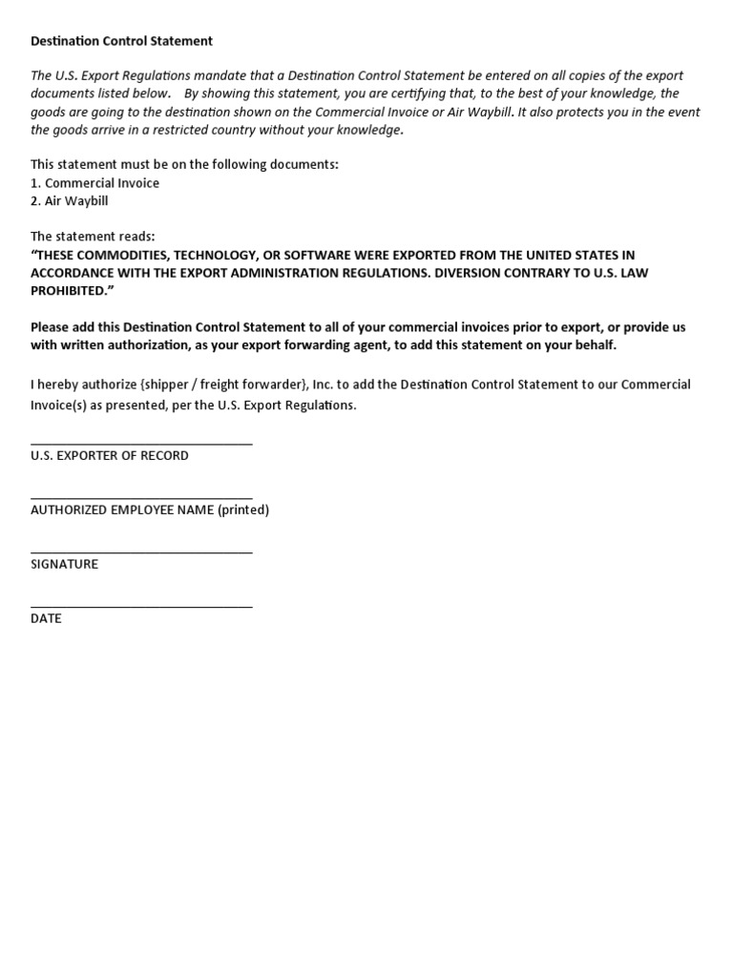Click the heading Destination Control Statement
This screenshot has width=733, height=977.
(121, 41)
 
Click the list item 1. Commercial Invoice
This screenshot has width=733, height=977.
(94, 183)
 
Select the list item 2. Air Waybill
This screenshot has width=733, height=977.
(72, 201)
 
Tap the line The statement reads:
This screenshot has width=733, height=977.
(92, 237)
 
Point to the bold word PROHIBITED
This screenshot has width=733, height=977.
(70, 291)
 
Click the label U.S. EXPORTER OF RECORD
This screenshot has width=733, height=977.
(109, 456)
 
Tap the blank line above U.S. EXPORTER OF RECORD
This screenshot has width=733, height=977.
(141, 444)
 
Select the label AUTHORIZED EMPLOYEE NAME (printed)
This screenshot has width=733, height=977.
(150, 510)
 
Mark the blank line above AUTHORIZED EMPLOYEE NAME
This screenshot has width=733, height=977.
(141, 498)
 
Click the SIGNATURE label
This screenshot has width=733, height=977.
(64, 565)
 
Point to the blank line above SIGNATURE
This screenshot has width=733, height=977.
(141, 552)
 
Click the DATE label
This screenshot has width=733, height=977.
(46, 619)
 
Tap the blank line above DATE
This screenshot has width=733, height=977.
(141, 607)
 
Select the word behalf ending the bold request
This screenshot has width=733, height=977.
(594, 345)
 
